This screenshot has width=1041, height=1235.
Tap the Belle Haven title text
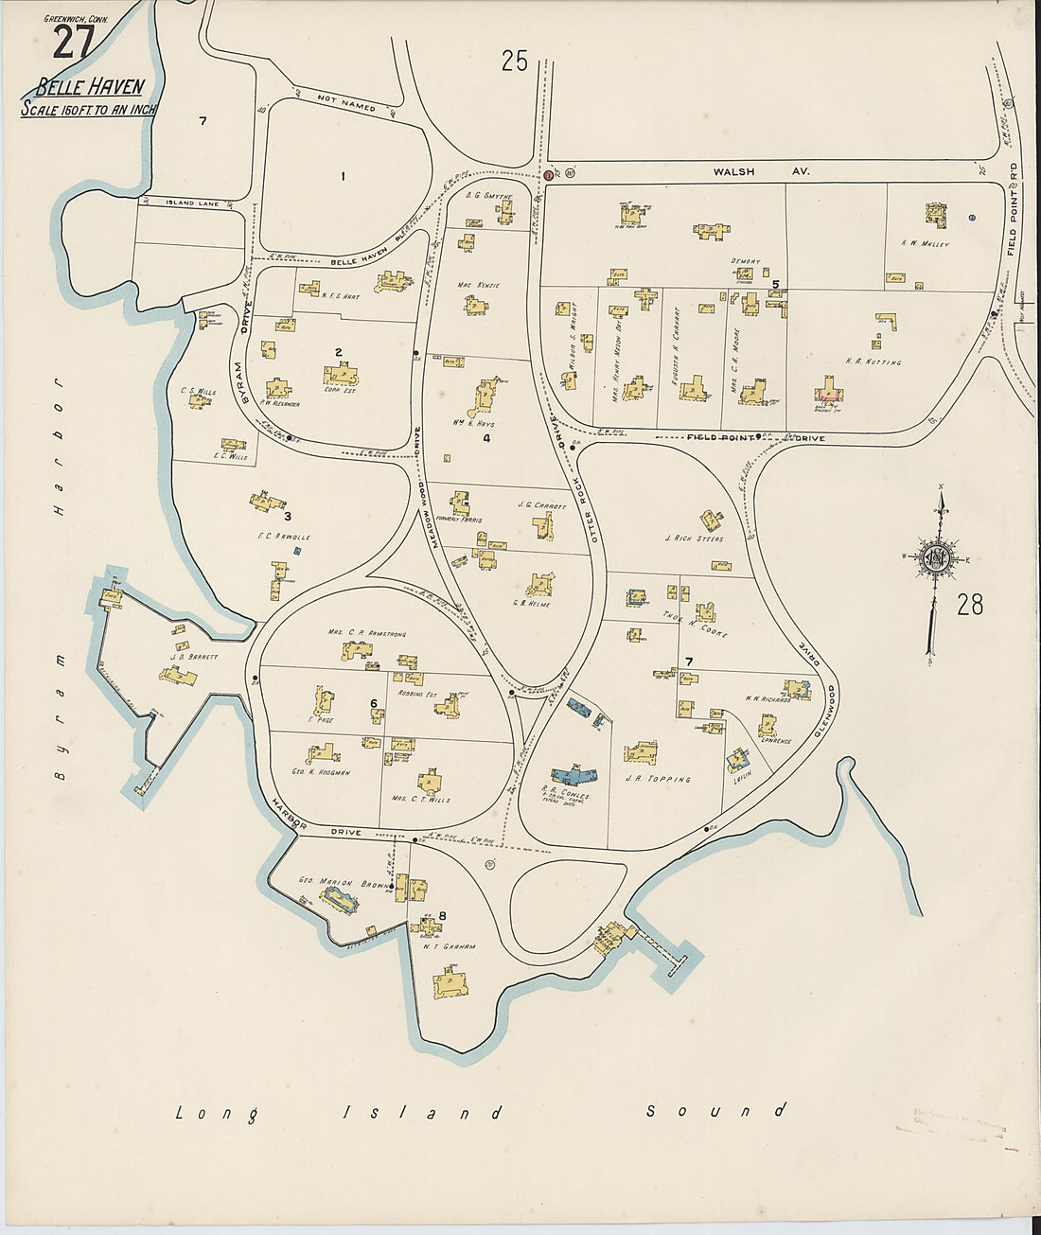pos(90,88)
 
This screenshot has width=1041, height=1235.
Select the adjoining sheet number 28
pos(970,604)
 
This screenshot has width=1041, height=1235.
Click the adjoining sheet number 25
pos(514,62)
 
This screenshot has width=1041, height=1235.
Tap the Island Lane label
pos(192,203)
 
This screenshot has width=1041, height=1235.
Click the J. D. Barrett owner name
pos(194,657)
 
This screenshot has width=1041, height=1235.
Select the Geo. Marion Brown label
pos(326,883)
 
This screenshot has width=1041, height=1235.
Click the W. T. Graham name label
pos(449,946)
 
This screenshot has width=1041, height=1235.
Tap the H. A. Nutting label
pos(872,362)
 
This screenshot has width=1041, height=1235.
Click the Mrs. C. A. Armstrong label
pos(366,633)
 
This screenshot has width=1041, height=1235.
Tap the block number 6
pos(374,703)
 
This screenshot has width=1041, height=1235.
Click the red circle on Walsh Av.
pos(549,175)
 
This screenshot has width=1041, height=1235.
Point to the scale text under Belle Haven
pos(89,110)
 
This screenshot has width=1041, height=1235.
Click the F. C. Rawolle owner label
pos(284,537)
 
